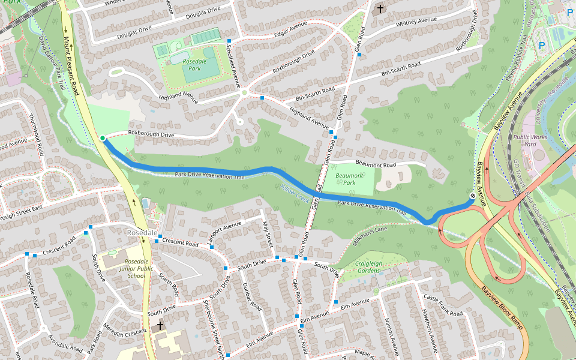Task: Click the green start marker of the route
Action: [103, 139]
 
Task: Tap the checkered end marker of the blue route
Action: [473, 195]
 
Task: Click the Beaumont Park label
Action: [346, 179]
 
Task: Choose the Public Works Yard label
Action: [529, 140]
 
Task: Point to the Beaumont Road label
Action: [376, 164]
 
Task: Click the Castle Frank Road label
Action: [443, 307]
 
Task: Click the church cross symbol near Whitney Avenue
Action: [379, 9]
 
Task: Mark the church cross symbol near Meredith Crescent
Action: [160, 326]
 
